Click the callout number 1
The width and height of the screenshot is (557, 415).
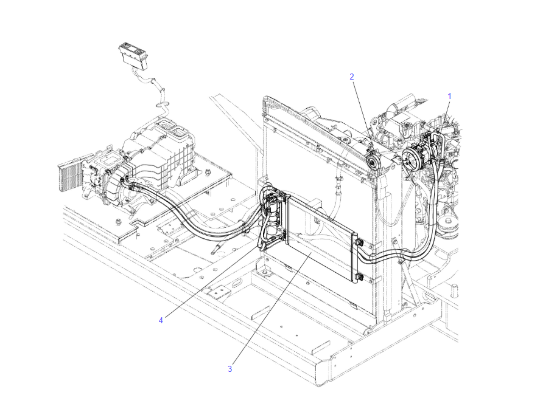click(449, 96)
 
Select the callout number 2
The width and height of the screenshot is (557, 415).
click(352, 77)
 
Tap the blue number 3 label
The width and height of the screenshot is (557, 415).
click(230, 369)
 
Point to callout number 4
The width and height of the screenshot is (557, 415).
click(161, 320)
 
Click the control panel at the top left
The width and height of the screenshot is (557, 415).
click(133, 54)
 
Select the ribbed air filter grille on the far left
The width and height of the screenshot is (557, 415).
click(70, 177)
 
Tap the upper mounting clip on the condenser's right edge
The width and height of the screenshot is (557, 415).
click(359, 243)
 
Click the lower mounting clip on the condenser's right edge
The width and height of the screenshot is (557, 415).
click(360, 277)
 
